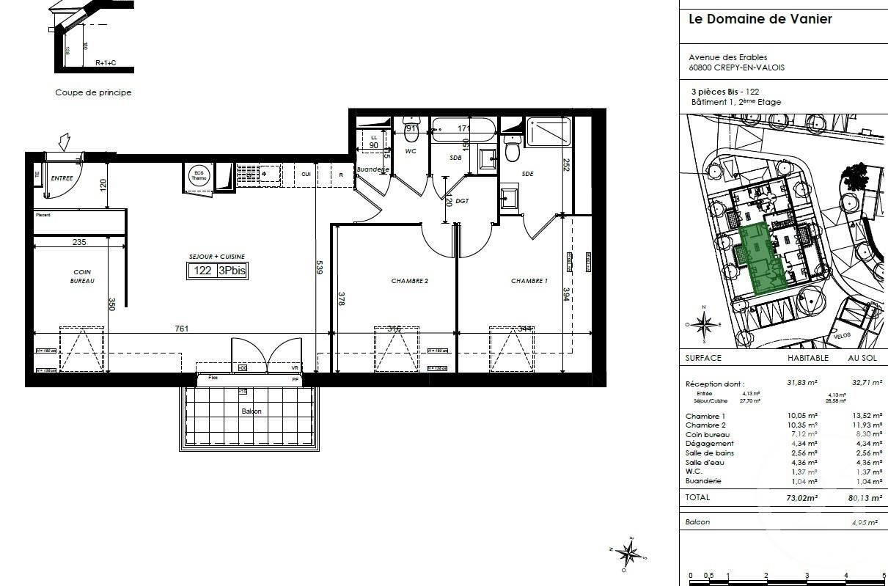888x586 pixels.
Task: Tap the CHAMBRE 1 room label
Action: (529, 281)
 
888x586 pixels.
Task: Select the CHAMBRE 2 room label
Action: (409, 281)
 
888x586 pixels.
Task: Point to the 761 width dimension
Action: (181, 329)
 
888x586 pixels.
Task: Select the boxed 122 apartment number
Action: (202, 270)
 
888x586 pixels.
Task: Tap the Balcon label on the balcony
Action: (252, 411)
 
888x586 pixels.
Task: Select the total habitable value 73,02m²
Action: (801, 497)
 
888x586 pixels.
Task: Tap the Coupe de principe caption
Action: (93, 93)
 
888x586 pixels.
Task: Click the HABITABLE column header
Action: (807, 358)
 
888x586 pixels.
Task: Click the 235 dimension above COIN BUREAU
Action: (79, 243)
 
